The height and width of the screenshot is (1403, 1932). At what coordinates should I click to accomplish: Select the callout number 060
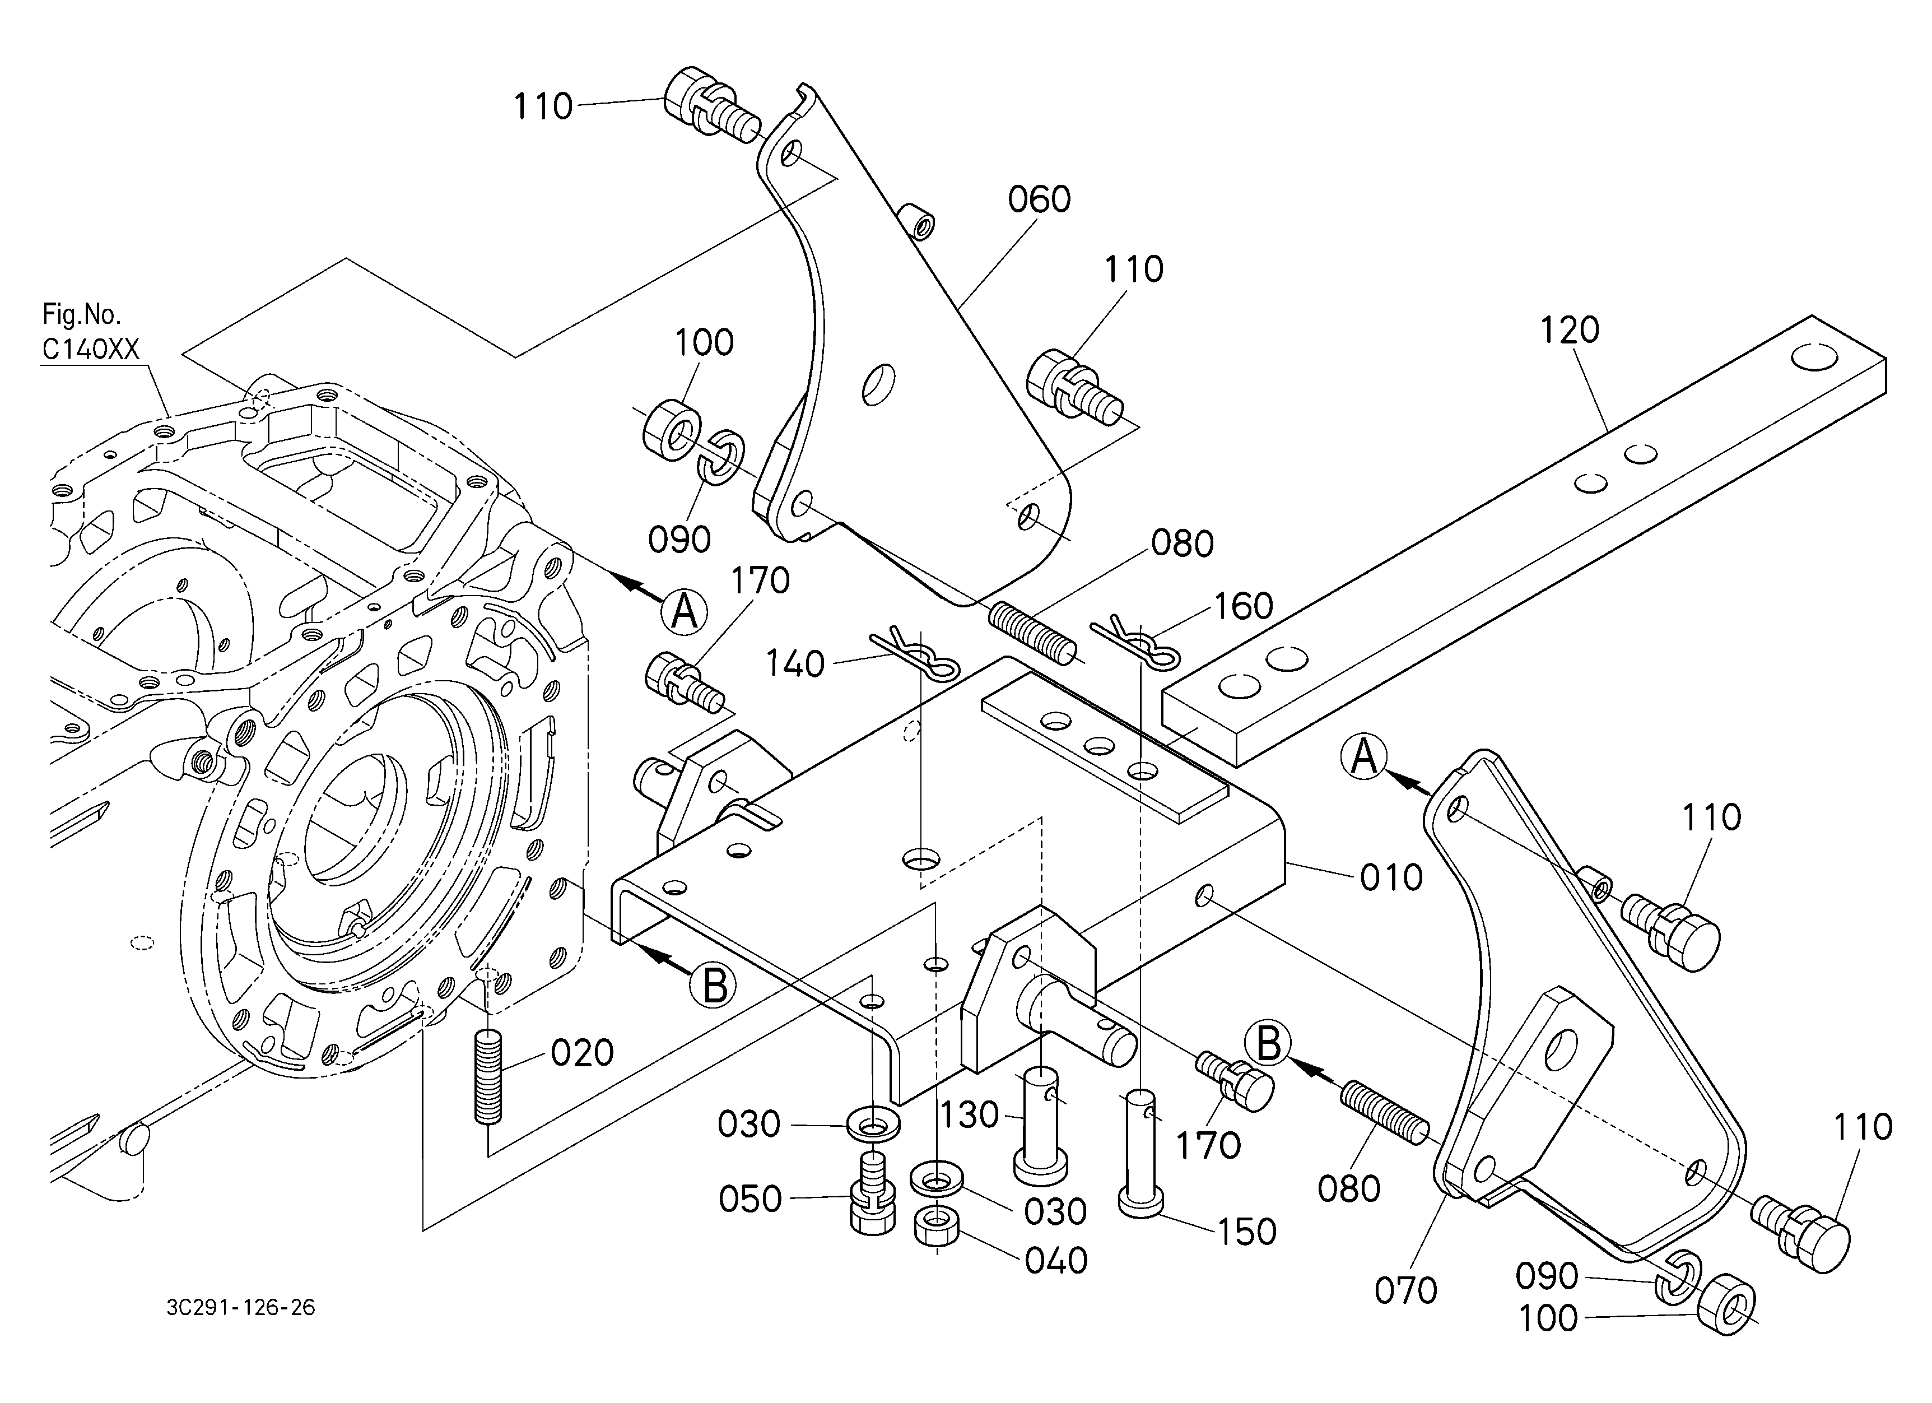[x=1039, y=200]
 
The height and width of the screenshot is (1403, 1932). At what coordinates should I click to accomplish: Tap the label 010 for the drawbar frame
[x=1391, y=878]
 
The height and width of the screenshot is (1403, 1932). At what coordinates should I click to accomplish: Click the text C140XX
[x=90, y=350]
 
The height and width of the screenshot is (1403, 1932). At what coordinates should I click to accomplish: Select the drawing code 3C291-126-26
[x=241, y=1308]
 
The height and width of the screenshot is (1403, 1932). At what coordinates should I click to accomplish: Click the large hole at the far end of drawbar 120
[x=1814, y=357]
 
